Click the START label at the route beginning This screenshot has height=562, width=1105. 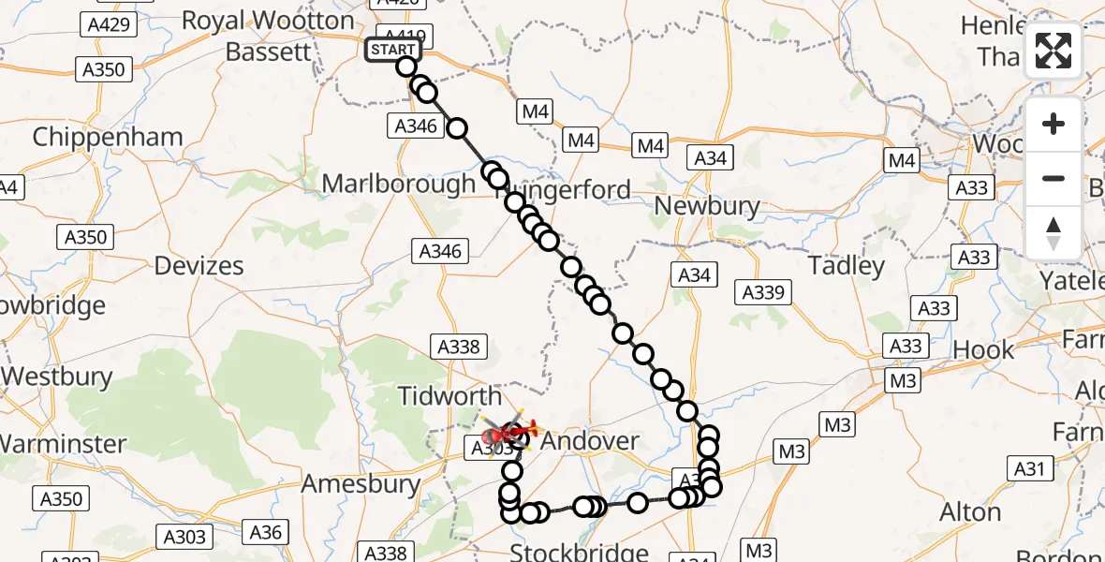click(x=392, y=50)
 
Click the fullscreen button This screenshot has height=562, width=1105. click(x=1053, y=51)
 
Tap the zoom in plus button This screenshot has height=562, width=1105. click(x=1053, y=124)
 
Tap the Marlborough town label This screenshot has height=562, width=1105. click(x=398, y=183)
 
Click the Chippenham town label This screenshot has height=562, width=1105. click(x=108, y=137)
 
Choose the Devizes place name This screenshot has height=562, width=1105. click(x=199, y=266)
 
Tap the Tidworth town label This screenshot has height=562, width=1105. click(x=449, y=395)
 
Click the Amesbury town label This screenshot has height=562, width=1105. click(x=361, y=484)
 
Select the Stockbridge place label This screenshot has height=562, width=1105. click(x=579, y=552)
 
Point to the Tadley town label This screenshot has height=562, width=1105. click(x=846, y=266)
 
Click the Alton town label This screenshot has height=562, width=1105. click(x=970, y=512)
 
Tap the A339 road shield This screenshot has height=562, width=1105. click(x=762, y=292)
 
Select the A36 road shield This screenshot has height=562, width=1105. click(x=266, y=533)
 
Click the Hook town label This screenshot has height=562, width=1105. click(x=983, y=350)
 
